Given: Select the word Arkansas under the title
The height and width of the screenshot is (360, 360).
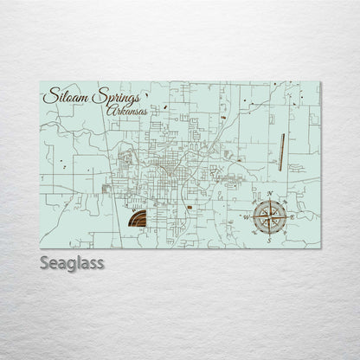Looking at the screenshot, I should tap(124, 110).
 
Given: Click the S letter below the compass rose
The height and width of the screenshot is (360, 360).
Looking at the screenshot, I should tap(269, 240).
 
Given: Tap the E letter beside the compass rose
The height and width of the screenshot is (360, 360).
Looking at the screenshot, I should tap(294, 216).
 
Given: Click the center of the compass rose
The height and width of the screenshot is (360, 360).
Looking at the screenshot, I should tap(270, 216).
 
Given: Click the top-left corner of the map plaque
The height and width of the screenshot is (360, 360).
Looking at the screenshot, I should tap(40, 82).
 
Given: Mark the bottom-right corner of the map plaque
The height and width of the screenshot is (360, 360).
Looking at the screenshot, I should tap(320, 248).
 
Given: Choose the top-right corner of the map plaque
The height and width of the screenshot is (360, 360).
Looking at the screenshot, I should tap(320, 82).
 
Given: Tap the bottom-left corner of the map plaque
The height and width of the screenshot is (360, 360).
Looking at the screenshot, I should tap(40, 248).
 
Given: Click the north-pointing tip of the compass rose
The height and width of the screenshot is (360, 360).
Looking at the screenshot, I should tap(271, 201).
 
